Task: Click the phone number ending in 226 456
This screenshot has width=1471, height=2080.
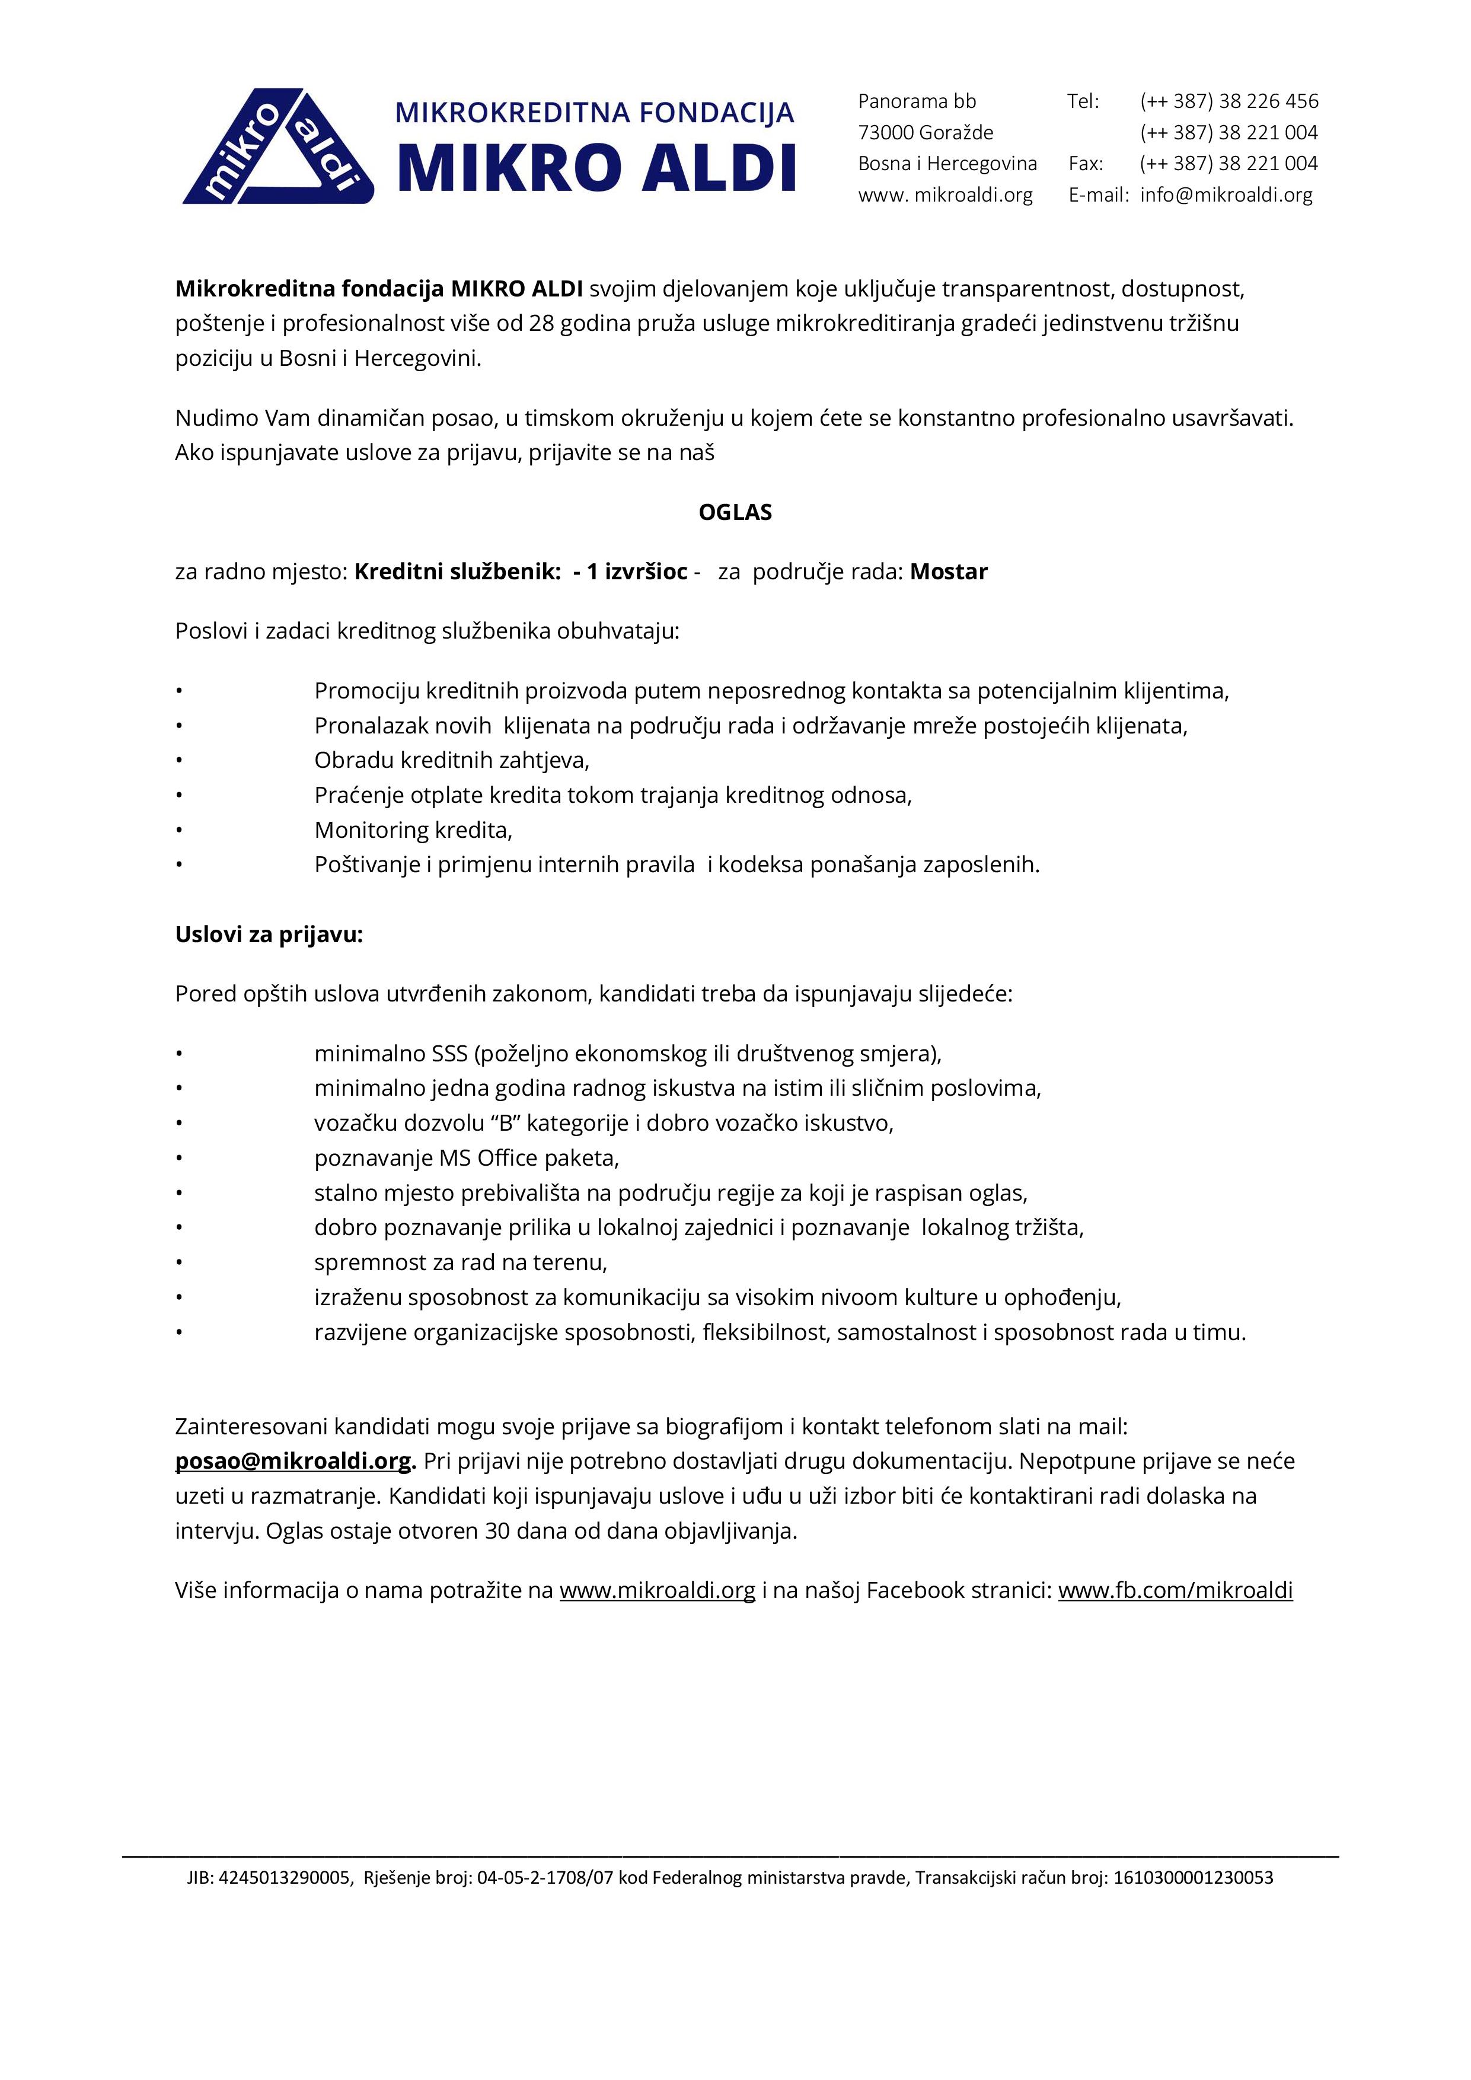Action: [1229, 101]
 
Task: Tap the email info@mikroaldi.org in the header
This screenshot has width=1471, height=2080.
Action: [1226, 194]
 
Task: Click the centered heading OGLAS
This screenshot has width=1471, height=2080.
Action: [735, 513]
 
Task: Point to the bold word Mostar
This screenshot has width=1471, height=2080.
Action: [949, 572]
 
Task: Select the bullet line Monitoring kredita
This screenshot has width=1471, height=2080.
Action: [413, 830]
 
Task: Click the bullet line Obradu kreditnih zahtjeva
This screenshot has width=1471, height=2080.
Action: [451, 760]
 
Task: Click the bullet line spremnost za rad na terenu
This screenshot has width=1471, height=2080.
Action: [460, 1262]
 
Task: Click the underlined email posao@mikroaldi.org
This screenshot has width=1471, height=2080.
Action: [293, 1461]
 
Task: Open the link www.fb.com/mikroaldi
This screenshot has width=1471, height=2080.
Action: [1175, 1590]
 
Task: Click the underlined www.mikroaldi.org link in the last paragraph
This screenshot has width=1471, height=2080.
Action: [657, 1590]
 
